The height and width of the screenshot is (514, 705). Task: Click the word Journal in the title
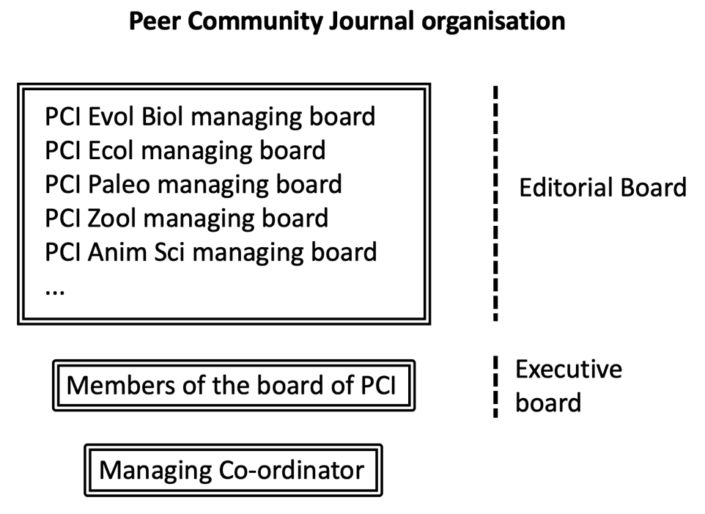[x=371, y=21]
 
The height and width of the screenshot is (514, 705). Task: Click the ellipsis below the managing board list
[x=55, y=292]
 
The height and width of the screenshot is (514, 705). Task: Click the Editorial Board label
[x=603, y=188]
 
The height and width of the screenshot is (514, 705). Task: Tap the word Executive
[x=569, y=370]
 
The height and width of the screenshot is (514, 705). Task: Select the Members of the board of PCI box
[x=234, y=386]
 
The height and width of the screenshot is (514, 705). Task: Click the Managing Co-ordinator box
[x=233, y=471]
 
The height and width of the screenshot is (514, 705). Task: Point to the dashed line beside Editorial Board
[x=495, y=203]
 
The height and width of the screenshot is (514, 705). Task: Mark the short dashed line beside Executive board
[x=495, y=386]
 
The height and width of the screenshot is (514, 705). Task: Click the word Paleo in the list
[x=119, y=185]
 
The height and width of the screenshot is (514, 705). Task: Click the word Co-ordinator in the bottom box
[x=292, y=471]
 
